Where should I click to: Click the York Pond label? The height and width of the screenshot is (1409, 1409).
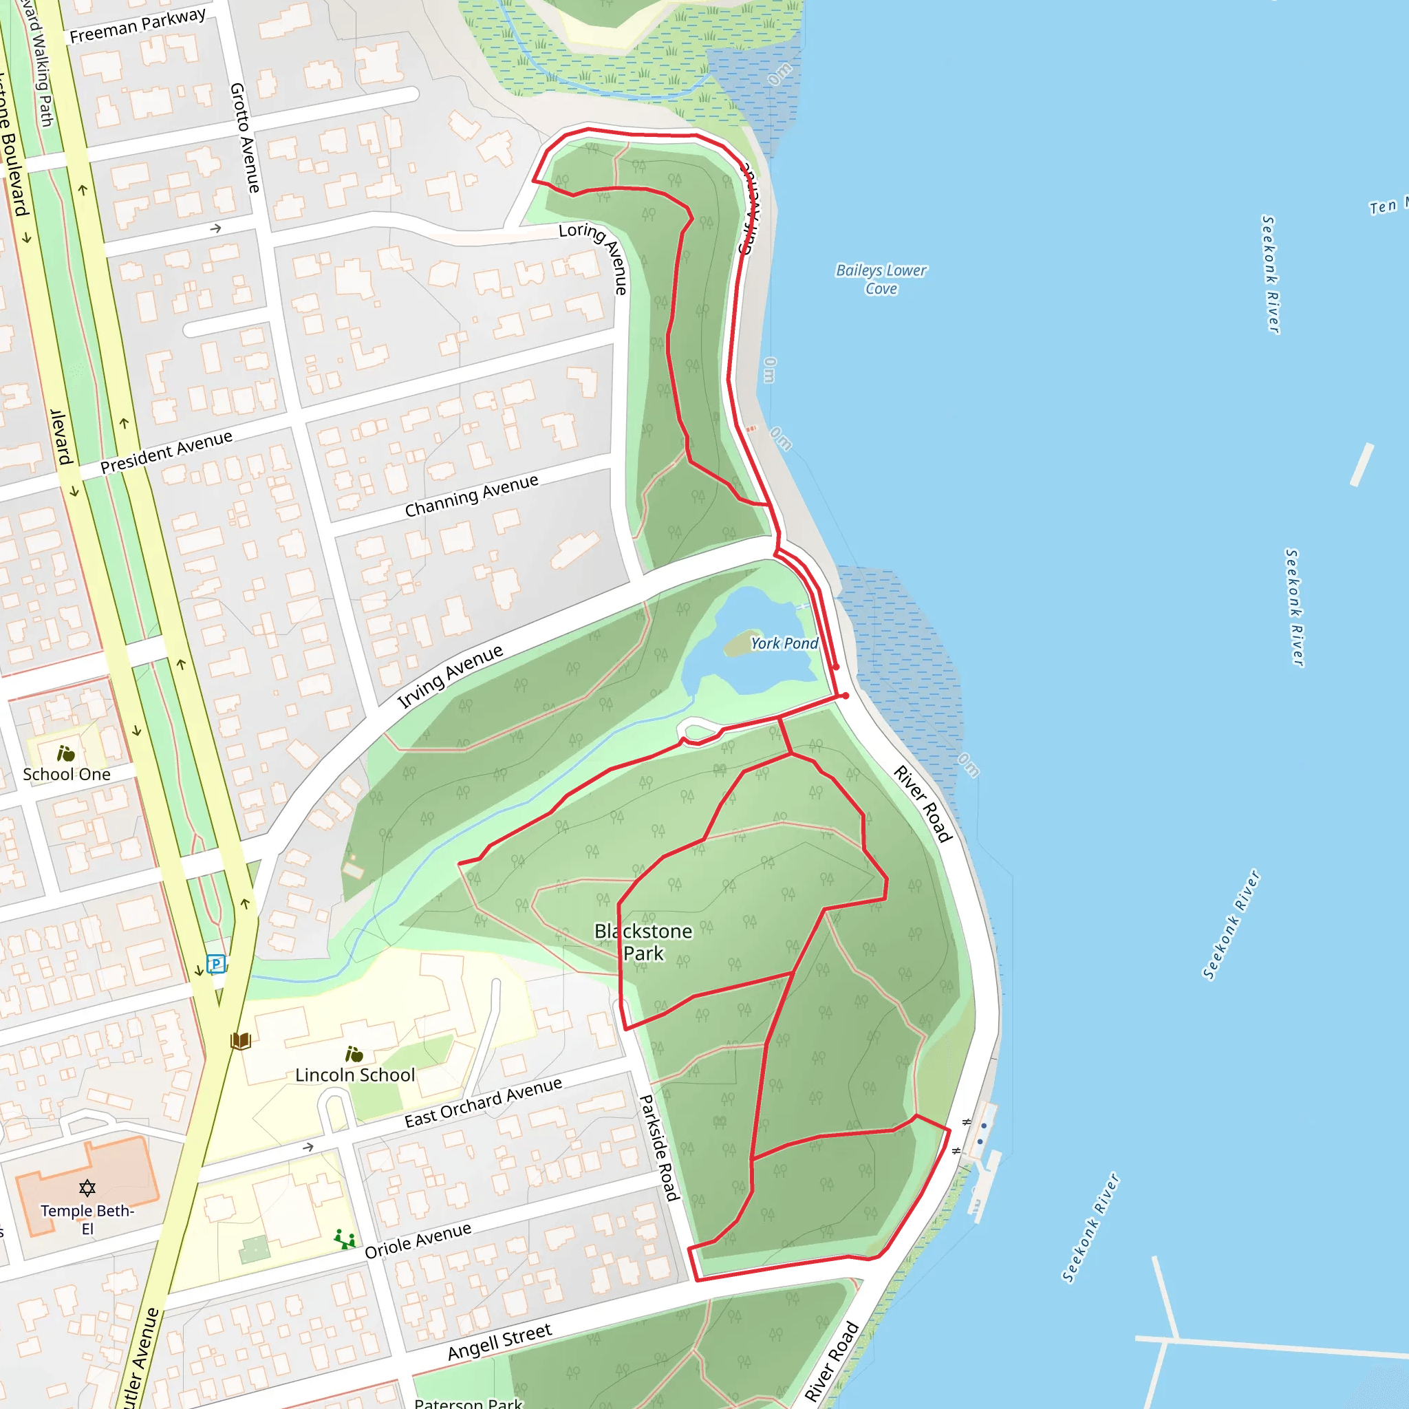click(x=784, y=643)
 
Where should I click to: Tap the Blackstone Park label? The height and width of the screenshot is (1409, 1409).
click(x=643, y=943)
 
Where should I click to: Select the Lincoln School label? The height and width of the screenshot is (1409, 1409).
click(x=355, y=1075)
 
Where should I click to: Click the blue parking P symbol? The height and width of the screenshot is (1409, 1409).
click(x=216, y=964)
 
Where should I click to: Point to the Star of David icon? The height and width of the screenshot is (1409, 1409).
click(x=87, y=1188)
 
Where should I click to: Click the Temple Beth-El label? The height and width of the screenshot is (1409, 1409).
click(x=87, y=1219)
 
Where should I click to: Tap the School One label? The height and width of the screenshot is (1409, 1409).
click(x=66, y=775)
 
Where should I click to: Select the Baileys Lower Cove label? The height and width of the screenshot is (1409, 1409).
click(x=881, y=279)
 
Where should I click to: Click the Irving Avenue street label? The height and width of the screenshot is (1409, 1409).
click(x=450, y=676)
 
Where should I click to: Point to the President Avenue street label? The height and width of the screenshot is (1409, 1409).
click(x=166, y=451)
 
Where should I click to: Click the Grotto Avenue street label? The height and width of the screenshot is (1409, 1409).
click(x=245, y=138)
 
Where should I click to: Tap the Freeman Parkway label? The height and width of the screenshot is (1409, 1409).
click(x=138, y=25)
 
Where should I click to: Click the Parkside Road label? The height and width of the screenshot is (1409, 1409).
click(x=659, y=1147)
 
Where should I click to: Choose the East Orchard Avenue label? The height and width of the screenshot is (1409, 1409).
click(x=483, y=1103)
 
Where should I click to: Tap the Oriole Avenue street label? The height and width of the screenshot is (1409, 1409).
click(x=418, y=1240)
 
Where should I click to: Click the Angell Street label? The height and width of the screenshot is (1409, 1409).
click(x=499, y=1342)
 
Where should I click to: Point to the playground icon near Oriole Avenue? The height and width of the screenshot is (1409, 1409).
click(x=344, y=1239)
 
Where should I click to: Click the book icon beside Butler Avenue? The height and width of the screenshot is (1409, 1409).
click(x=241, y=1041)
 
